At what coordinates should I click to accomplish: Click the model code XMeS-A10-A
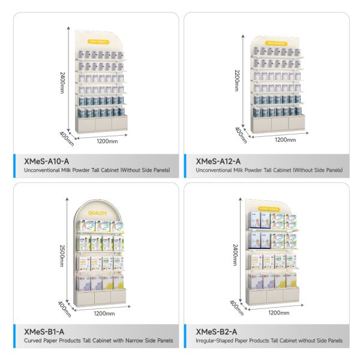[47, 161]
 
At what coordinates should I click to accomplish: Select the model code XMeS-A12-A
[218, 161]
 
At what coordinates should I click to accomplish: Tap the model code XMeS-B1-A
[45, 332]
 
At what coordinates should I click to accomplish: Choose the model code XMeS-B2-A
[217, 332]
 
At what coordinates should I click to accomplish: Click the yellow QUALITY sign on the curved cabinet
[98, 213]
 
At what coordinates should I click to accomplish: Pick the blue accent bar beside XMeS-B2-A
[185, 336]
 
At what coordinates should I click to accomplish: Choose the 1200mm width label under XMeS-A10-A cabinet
[107, 142]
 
